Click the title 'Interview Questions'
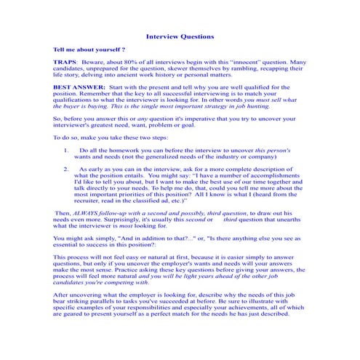[180, 36]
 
